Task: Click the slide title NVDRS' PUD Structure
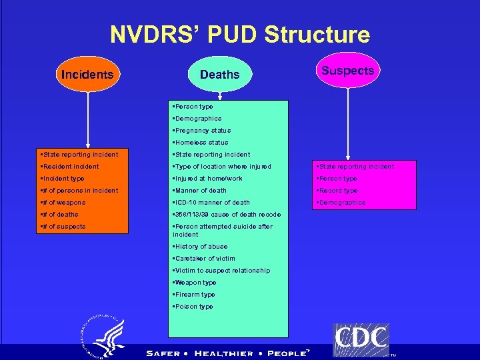(239, 35)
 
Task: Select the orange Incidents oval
(87, 74)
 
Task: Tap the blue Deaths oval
(219, 74)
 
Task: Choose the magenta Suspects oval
(347, 70)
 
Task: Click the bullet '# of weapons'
(63, 203)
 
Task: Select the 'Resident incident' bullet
(70, 167)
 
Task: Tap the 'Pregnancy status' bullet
(201, 131)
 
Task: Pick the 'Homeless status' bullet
(200, 143)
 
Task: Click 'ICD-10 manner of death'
(212, 203)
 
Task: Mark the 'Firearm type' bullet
(195, 295)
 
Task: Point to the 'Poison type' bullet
(193, 307)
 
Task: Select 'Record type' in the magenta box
(338, 191)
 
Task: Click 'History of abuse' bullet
(201, 247)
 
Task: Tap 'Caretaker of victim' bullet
(204, 259)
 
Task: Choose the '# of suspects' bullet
(63, 227)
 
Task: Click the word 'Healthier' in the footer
(224, 353)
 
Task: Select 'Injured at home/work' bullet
(208, 179)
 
